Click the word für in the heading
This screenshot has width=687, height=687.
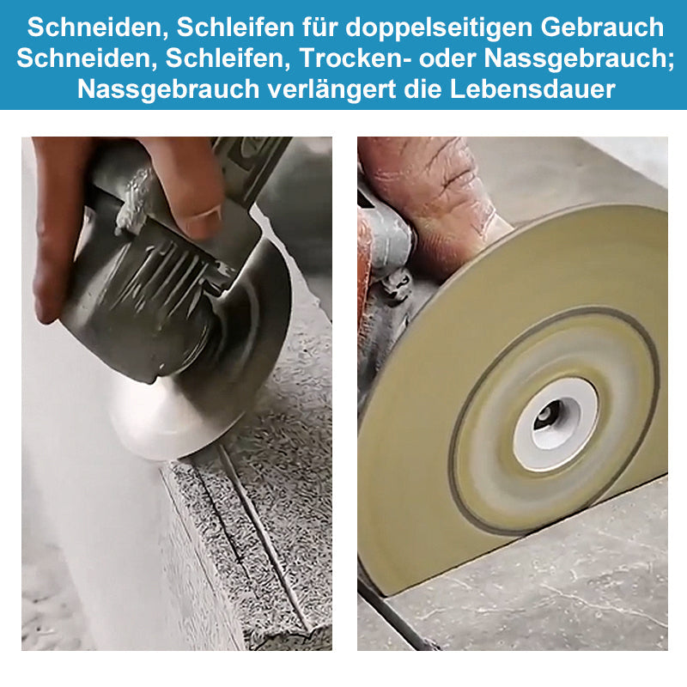(x=319, y=27)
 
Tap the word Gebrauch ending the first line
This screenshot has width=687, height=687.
(x=602, y=27)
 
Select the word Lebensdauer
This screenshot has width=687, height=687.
(x=532, y=89)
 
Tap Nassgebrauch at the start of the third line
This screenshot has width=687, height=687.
(x=168, y=89)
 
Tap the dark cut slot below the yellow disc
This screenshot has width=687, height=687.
(x=397, y=622)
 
